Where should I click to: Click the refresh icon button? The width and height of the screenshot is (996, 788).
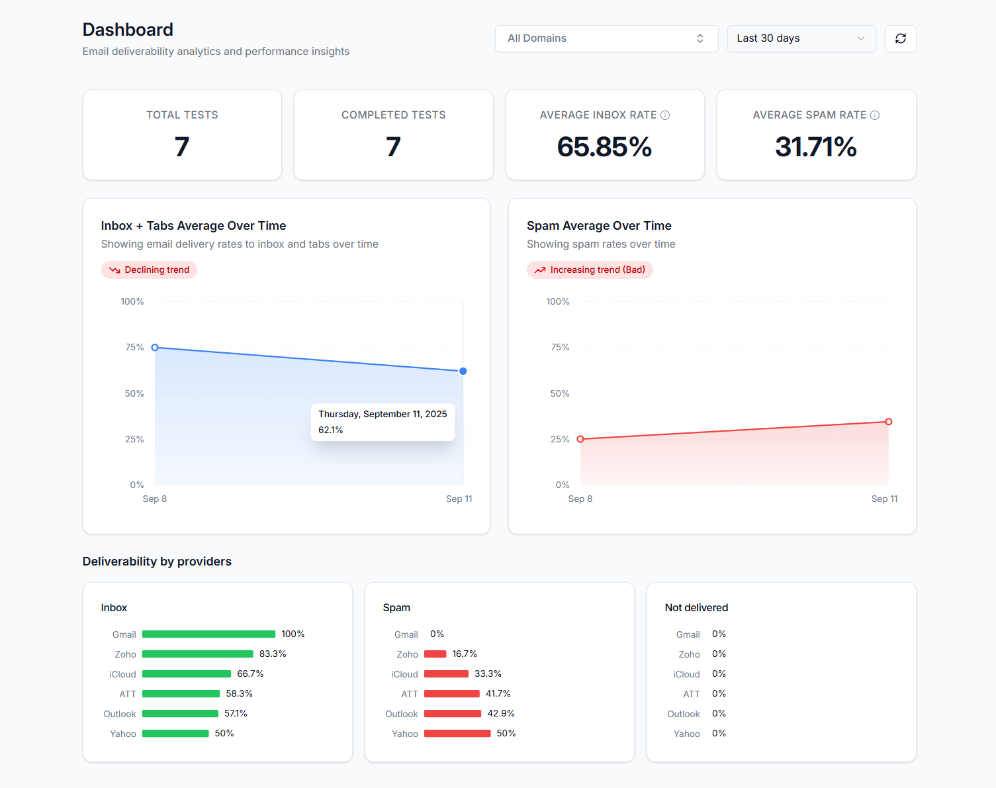[900, 38]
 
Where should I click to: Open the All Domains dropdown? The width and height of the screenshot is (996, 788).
[606, 38]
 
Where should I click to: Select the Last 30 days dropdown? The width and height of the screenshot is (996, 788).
[801, 38]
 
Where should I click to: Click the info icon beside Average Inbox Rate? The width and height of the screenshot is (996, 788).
[665, 115]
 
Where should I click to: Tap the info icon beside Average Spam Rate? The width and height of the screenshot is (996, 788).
[875, 115]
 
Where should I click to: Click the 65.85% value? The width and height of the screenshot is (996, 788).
[604, 147]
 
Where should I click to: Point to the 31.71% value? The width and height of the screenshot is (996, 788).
[815, 147]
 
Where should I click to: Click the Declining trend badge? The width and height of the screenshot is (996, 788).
[149, 270]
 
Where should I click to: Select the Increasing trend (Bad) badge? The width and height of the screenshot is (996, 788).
[590, 270]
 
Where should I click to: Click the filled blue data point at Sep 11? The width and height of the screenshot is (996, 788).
[463, 371]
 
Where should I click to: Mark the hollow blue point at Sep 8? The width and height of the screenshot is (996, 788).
[155, 348]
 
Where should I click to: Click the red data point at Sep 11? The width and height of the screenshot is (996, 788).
[888, 422]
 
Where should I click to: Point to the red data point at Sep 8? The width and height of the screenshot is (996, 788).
[580, 439]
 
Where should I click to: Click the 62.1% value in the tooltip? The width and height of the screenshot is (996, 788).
[331, 430]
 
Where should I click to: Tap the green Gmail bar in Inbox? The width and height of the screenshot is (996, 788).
[208, 634]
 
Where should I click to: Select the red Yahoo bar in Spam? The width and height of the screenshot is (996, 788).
[457, 734]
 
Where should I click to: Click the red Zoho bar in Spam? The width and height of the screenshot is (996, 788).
[435, 654]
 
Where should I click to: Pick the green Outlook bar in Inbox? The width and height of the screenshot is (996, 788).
[180, 714]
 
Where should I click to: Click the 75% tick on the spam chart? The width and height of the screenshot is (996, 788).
[560, 348]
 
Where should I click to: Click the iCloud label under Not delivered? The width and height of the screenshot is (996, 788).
[686, 674]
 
